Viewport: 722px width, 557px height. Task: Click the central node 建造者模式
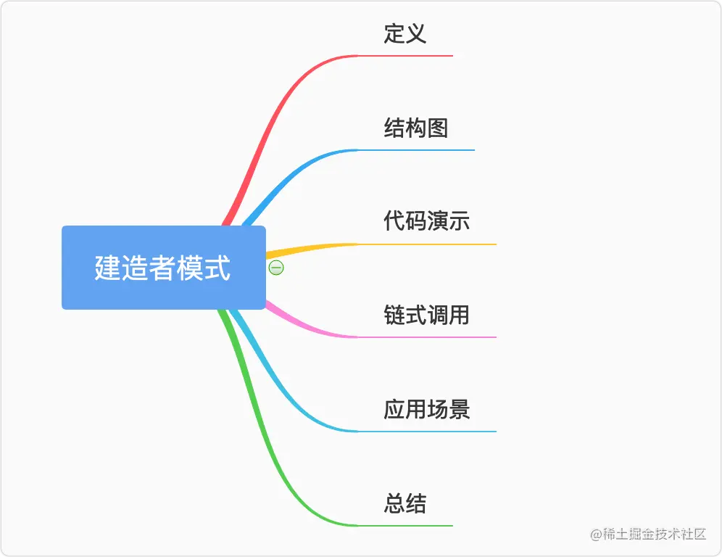point(163,267)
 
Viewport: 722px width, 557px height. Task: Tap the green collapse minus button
point(276,267)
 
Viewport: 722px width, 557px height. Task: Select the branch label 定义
point(405,33)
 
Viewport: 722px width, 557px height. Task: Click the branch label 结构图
point(416,128)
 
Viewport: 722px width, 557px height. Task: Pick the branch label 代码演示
point(427,220)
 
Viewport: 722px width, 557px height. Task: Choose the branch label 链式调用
point(427,315)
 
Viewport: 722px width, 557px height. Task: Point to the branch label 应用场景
point(427,409)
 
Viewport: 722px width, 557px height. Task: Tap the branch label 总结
point(405,503)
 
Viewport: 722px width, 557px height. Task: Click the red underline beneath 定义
point(405,56)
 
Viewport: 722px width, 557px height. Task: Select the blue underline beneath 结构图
point(416,149)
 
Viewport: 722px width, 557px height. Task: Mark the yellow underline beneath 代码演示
point(427,244)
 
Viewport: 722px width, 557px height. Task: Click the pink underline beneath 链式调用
point(427,337)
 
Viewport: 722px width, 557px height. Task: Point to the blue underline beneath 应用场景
point(427,432)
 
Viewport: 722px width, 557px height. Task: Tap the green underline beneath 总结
point(405,526)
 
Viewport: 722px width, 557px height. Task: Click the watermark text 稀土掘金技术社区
point(655,534)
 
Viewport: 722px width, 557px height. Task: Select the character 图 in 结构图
point(438,128)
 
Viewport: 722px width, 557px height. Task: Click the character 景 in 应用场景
point(459,409)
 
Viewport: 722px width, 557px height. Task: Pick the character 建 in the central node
point(108,268)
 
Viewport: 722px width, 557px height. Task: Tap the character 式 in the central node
point(217,268)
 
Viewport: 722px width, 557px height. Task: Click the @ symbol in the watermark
point(597,535)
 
